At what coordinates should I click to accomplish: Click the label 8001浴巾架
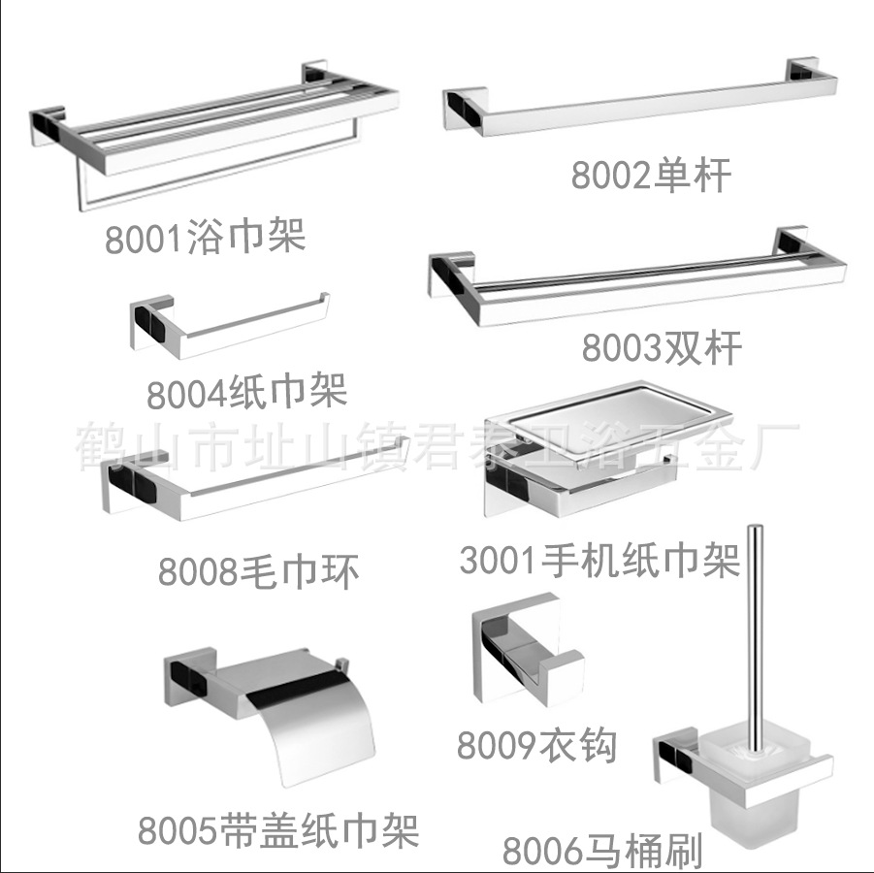205,236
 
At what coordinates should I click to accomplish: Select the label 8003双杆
662,346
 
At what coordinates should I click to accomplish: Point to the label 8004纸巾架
246,393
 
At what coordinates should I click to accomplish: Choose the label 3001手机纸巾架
599,560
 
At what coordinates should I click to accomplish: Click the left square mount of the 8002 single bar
464,109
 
